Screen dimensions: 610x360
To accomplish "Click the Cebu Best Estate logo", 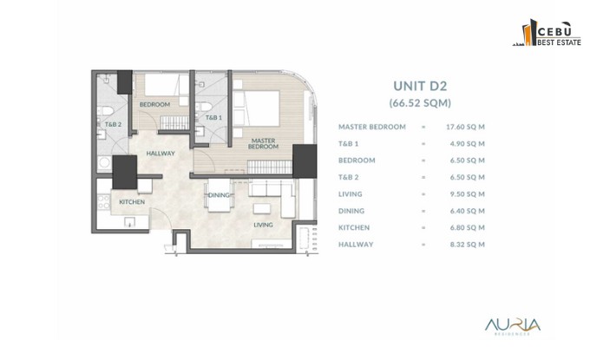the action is pos(547,32).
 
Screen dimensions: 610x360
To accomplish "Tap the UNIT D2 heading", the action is pos(420,86).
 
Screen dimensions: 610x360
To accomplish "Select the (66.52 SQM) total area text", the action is pos(420,103).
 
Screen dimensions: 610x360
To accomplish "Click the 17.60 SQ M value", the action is pos(465,127).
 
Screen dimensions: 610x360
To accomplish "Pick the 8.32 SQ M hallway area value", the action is pos(467,245).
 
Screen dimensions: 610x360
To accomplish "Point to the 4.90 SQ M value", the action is pos(467,143).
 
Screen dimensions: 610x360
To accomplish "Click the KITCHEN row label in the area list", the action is pos(354,228).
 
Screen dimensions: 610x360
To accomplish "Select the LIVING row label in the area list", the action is pos(351,194).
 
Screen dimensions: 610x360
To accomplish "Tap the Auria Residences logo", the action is pos(513,326).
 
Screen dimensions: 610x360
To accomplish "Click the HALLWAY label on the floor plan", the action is pos(161,154).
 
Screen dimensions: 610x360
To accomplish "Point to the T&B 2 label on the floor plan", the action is pos(113,124).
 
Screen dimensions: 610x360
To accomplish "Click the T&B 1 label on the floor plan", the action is pos(213,117).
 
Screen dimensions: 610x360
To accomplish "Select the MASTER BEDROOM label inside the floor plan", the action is pos(264,143).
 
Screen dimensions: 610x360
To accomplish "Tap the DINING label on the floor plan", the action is pos(219,195).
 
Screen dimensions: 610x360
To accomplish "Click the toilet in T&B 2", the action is pos(105,111).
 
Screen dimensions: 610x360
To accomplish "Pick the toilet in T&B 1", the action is pos(203,107).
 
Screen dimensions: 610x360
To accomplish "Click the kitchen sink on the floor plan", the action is pos(129,221).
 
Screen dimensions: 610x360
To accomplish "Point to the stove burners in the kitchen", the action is pos(103,202).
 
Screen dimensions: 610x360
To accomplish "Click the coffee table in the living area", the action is pos(262,208).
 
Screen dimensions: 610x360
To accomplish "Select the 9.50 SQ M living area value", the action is pos(467,194).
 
